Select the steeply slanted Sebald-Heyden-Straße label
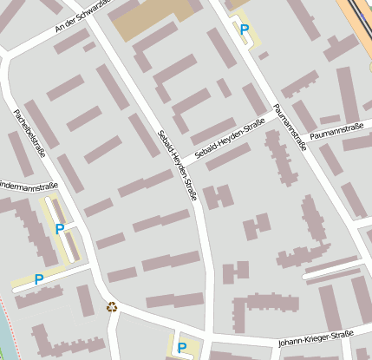(x=177, y=165)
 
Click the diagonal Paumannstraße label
(x=289, y=127)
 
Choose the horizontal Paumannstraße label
(x=336, y=129)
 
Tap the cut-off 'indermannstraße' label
(x=28, y=185)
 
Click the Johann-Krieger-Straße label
(x=316, y=338)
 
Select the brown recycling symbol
(x=111, y=305)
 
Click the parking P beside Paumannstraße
(x=245, y=29)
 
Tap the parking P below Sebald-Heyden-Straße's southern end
(x=181, y=348)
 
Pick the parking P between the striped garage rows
(x=59, y=230)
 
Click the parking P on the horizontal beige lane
(x=38, y=279)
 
